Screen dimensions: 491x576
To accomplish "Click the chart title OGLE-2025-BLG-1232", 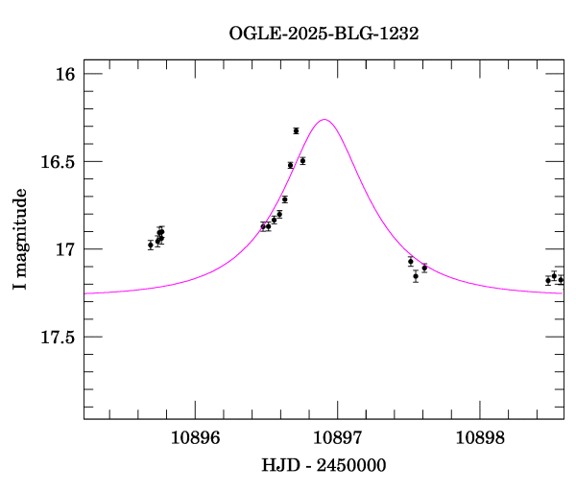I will pyautogui.click(x=324, y=33).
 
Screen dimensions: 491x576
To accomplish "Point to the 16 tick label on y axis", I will pyautogui.click(x=64, y=74).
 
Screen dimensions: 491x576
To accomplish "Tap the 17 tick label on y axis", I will pyautogui.click(x=64, y=249).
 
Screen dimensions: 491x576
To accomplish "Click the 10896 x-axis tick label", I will pyautogui.click(x=195, y=437).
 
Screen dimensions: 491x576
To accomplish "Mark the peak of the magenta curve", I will pyautogui.click(x=325, y=120).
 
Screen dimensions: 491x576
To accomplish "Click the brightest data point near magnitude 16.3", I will pyautogui.click(x=296, y=130).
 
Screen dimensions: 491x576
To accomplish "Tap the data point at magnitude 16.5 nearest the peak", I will pyautogui.click(x=302, y=160).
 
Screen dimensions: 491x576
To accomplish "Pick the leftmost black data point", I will pyautogui.click(x=151, y=245).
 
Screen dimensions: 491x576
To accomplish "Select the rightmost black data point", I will pyautogui.click(x=561, y=279).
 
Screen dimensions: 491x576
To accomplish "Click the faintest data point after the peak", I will pyautogui.click(x=416, y=276).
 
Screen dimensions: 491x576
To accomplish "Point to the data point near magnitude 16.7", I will pyautogui.click(x=285, y=199).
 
